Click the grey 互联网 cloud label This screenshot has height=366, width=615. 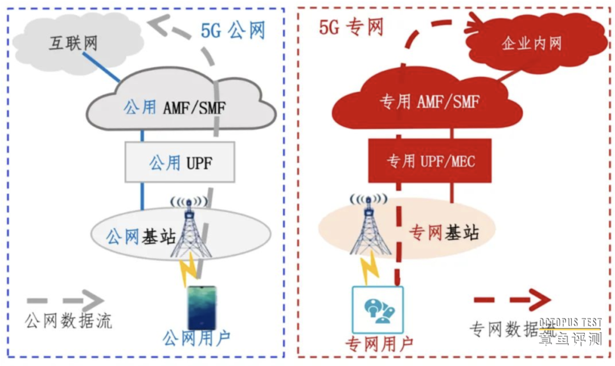pos(73,43)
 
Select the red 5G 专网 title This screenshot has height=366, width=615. pos(351,27)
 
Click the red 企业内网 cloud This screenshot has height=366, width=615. pos(531,44)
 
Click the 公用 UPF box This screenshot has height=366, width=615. pos(179,163)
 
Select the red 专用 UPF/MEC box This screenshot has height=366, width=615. pos(430,161)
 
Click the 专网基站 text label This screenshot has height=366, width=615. pos(445,233)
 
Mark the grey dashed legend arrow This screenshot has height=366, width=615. pos(64,299)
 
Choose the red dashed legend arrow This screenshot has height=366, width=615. pos(512,299)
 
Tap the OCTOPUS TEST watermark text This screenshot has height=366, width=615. pos(570,323)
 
